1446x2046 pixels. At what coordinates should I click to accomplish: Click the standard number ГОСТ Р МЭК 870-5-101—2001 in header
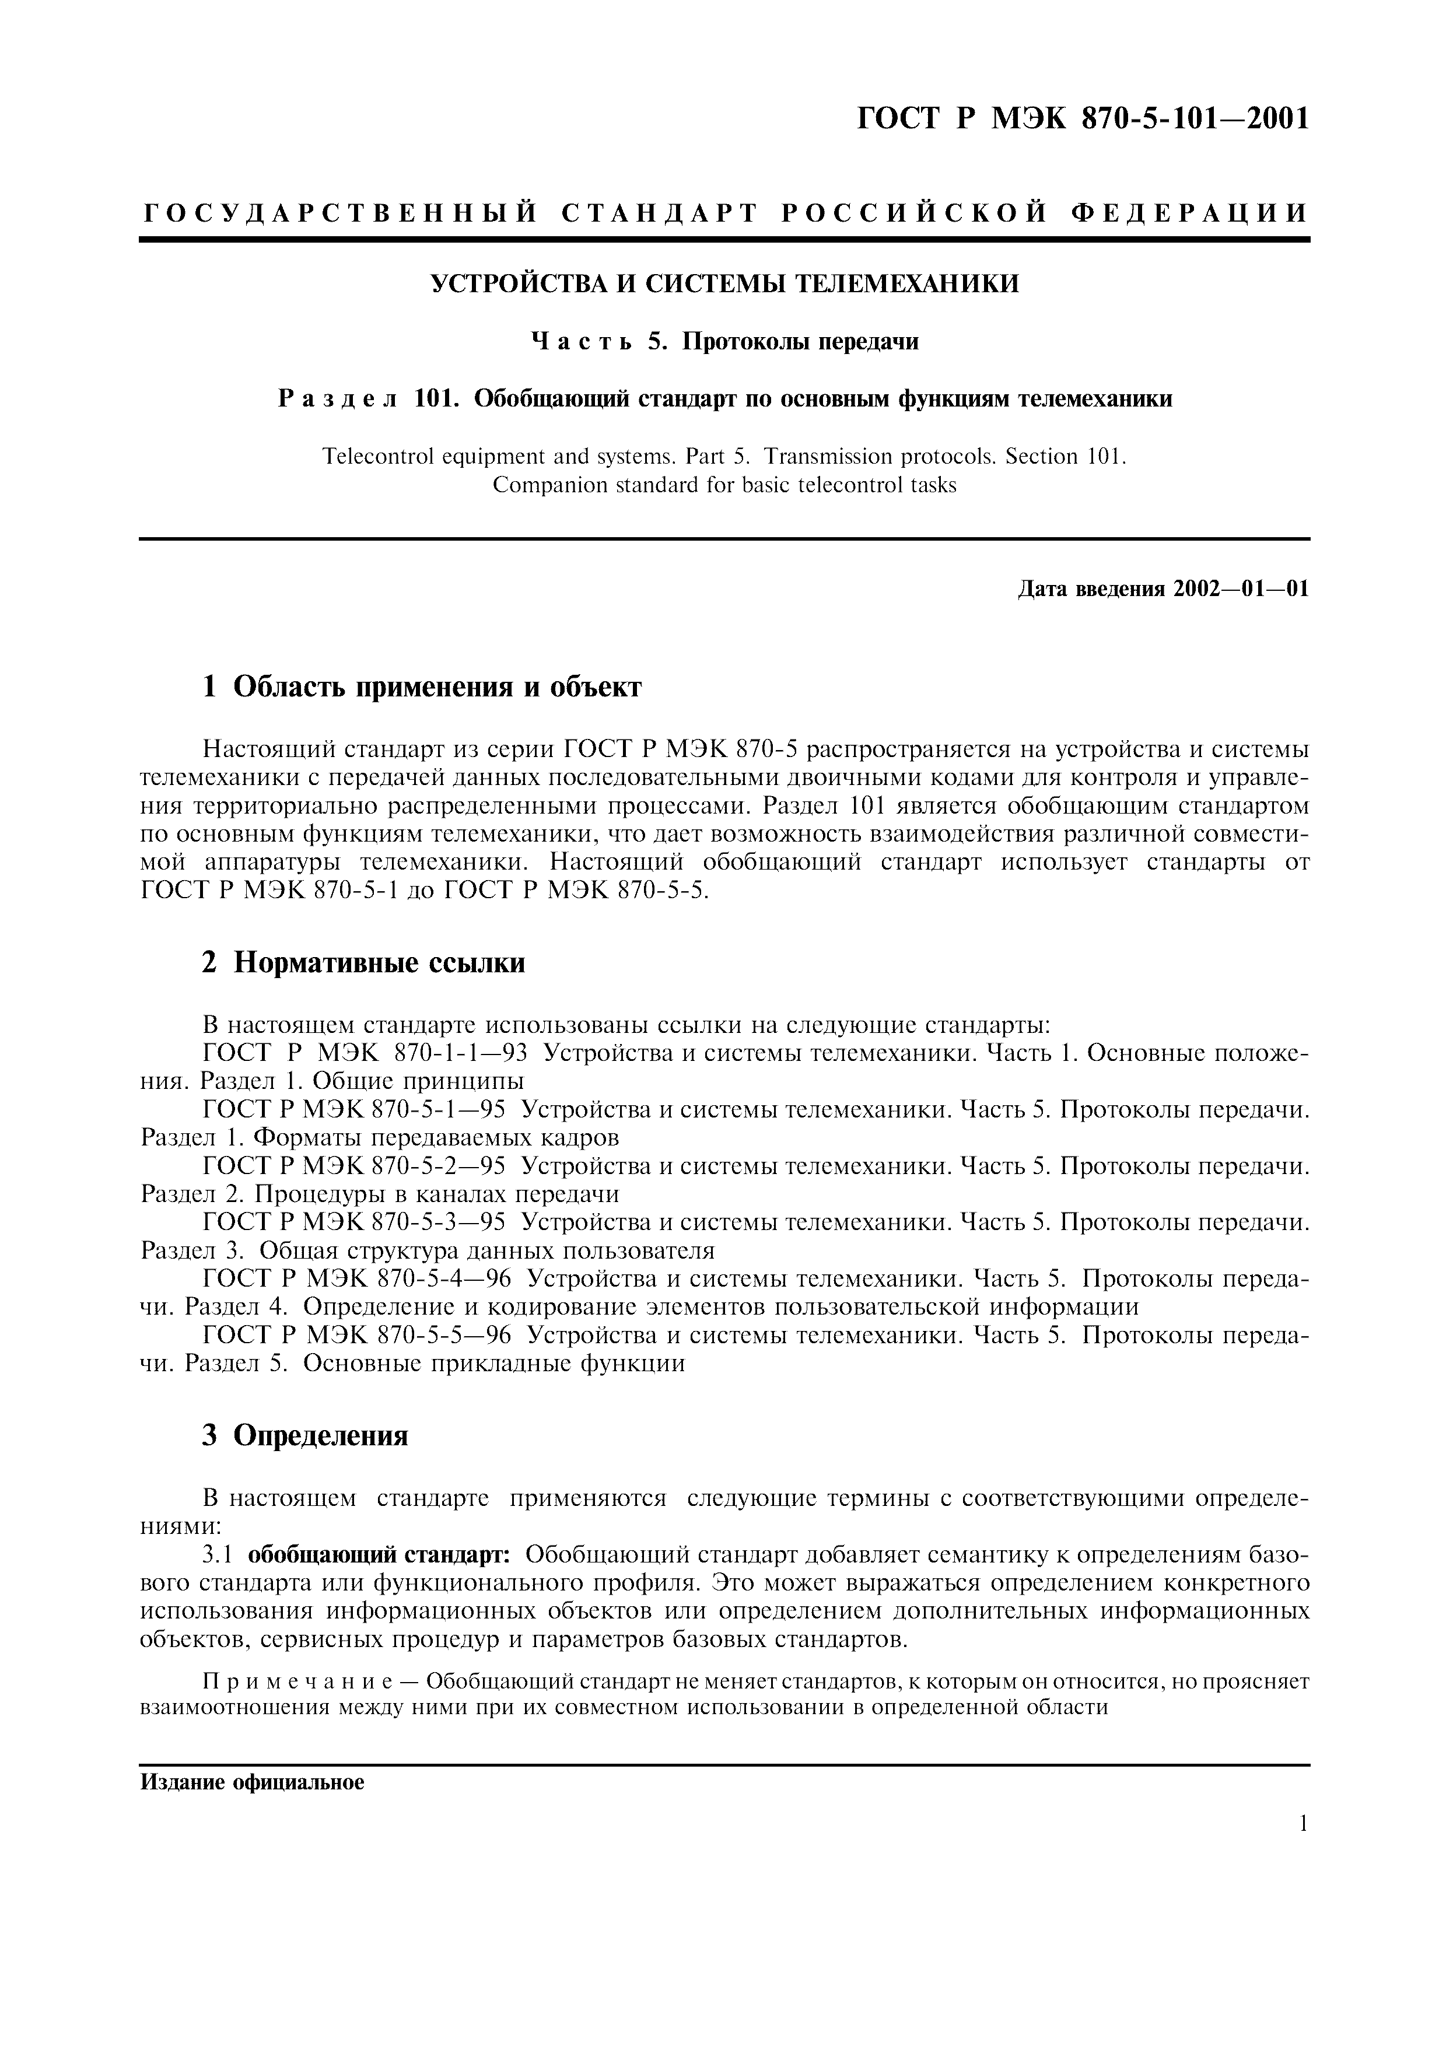pyautogui.click(x=1083, y=118)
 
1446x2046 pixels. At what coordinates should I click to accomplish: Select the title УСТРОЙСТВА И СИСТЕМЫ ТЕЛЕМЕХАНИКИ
pyautogui.click(x=724, y=284)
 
